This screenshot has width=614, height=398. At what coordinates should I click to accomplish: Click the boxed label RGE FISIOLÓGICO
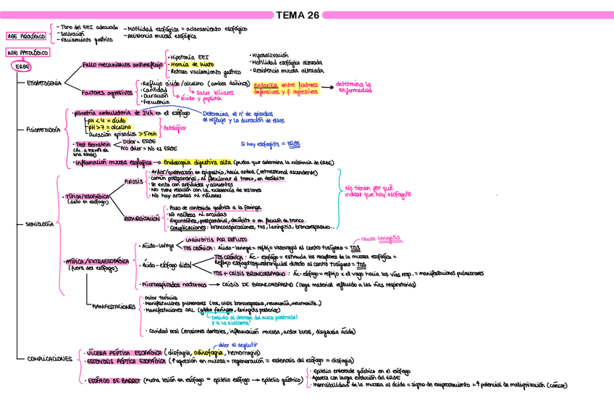tap(26, 36)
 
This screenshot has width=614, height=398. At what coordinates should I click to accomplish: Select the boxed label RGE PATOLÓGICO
tap(27, 54)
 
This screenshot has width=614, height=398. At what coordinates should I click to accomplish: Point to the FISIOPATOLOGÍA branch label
tap(43, 130)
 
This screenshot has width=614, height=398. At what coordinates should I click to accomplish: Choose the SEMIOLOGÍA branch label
tap(40, 225)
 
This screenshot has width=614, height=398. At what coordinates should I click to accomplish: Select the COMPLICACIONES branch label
tap(49, 359)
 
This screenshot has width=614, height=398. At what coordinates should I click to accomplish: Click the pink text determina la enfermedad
tap(357, 87)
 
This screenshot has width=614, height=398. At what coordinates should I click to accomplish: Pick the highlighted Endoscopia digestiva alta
tap(197, 162)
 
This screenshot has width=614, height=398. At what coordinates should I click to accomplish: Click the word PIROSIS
tap(134, 181)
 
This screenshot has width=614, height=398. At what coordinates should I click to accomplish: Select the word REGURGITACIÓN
tap(141, 217)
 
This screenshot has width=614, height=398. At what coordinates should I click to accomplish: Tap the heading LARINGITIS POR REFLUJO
tap(217, 239)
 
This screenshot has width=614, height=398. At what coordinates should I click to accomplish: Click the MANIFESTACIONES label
tap(114, 307)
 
